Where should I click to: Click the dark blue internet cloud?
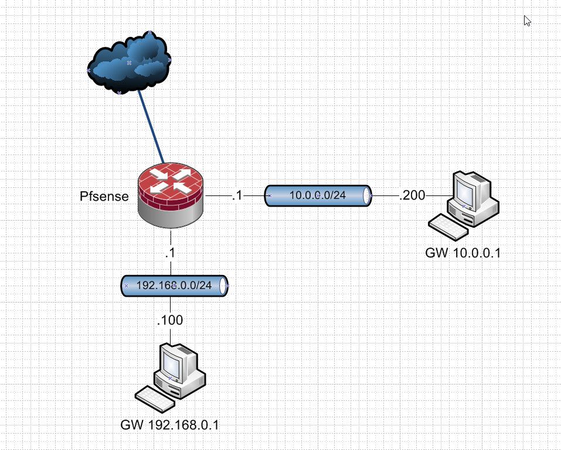[129, 61]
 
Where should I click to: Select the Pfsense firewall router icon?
[171, 196]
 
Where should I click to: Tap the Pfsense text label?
[104, 196]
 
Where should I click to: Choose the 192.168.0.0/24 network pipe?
[174, 286]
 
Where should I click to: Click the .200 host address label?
[412, 195]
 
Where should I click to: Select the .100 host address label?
[170, 320]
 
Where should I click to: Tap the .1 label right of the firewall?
[236, 196]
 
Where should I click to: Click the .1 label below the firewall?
[171, 253]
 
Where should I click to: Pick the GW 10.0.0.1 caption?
[463, 253]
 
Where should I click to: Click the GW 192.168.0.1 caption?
[169, 424]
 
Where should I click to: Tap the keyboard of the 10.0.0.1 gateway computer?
[448, 226]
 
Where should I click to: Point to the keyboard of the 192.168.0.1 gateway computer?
[155, 399]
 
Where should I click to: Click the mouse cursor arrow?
[527, 20]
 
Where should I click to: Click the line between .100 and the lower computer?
[171, 335]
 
